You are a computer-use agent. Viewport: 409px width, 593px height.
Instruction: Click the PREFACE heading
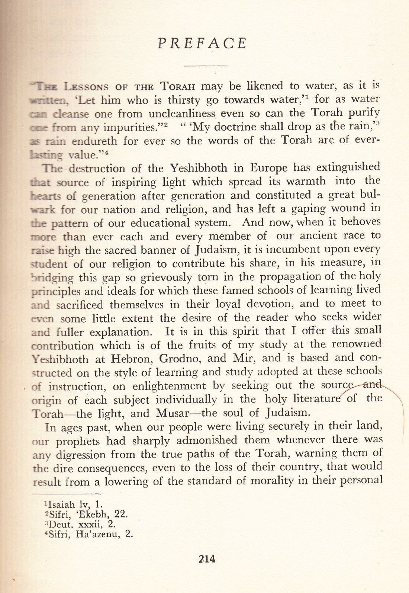point(202,44)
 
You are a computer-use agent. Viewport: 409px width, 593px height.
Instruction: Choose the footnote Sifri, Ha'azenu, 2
point(88,535)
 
